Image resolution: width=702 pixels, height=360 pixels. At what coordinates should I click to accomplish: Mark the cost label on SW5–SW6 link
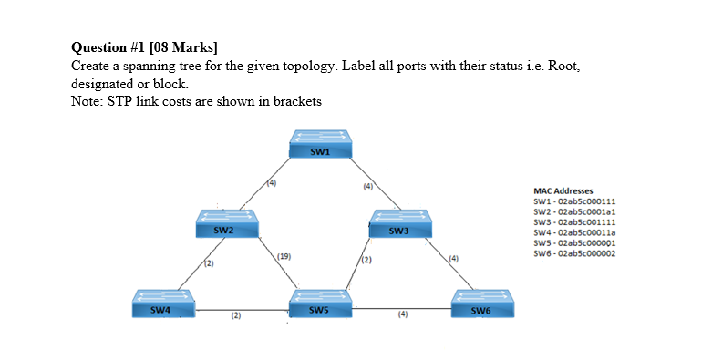tap(402, 316)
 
